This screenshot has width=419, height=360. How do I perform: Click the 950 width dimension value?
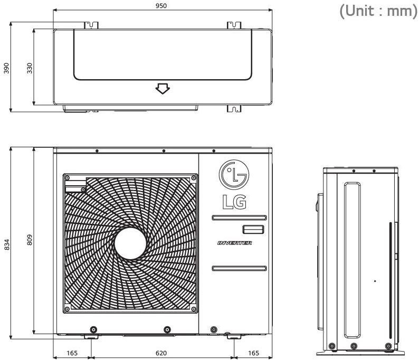162,5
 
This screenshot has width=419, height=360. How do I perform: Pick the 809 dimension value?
30,240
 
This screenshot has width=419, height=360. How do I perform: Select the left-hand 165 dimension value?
72,353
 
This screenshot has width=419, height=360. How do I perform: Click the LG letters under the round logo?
232,201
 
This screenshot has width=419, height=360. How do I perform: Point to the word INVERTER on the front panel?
234,243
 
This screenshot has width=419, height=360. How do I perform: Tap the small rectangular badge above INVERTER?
252,229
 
